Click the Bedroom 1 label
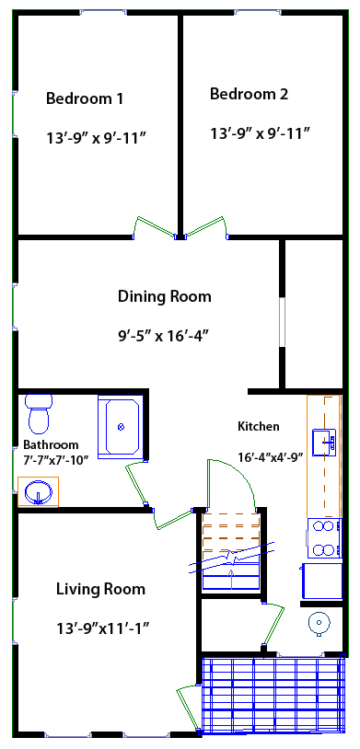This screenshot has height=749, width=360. pyautogui.click(x=85, y=98)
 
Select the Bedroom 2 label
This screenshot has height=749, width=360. pyautogui.click(x=249, y=94)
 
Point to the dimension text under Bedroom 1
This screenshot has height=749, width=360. pyautogui.click(x=97, y=138)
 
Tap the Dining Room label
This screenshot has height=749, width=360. pyautogui.click(x=164, y=296)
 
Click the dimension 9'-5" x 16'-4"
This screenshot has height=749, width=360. pyautogui.click(x=164, y=335)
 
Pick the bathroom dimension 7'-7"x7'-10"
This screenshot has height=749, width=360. pyautogui.click(x=55, y=458)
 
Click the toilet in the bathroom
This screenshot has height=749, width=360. pyautogui.click(x=39, y=413)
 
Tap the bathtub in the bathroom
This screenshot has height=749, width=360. pyautogui.click(x=121, y=425)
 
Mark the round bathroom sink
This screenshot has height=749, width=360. pyautogui.click(x=38, y=490)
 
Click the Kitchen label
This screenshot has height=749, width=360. pyautogui.click(x=258, y=426)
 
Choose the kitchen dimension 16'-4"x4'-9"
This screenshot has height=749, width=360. pyautogui.click(x=270, y=456)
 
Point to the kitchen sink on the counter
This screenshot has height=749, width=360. pyautogui.click(x=323, y=442)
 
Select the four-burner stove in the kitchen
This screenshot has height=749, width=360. pyautogui.click(x=324, y=538)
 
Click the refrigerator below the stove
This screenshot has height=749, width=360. pyautogui.click(x=322, y=581)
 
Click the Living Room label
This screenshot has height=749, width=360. pyautogui.click(x=100, y=589)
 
